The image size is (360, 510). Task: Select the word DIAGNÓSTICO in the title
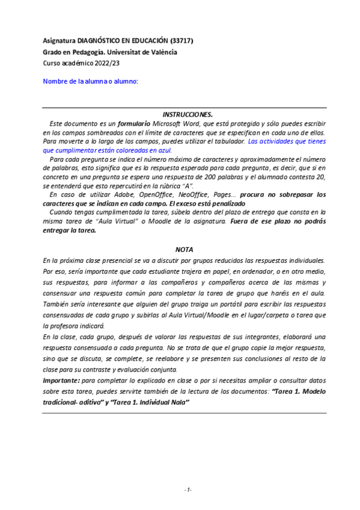[100, 41]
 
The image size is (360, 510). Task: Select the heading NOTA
[184, 249]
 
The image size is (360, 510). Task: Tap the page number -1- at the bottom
[188, 490]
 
